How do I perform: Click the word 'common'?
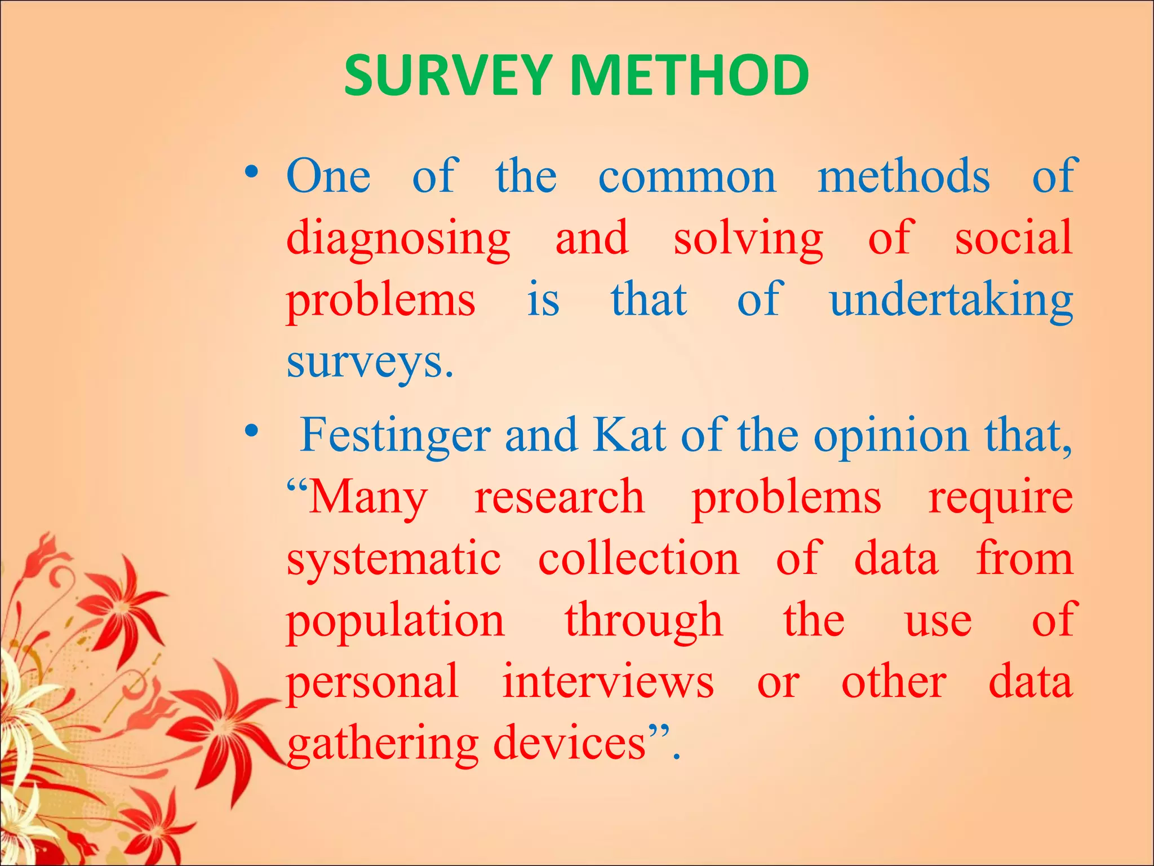point(687,178)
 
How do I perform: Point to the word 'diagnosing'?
point(398,240)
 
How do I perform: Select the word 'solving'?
point(748,240)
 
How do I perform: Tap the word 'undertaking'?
point(951,301)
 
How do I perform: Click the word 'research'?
point(559,497)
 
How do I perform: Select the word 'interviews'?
point(608,682)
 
